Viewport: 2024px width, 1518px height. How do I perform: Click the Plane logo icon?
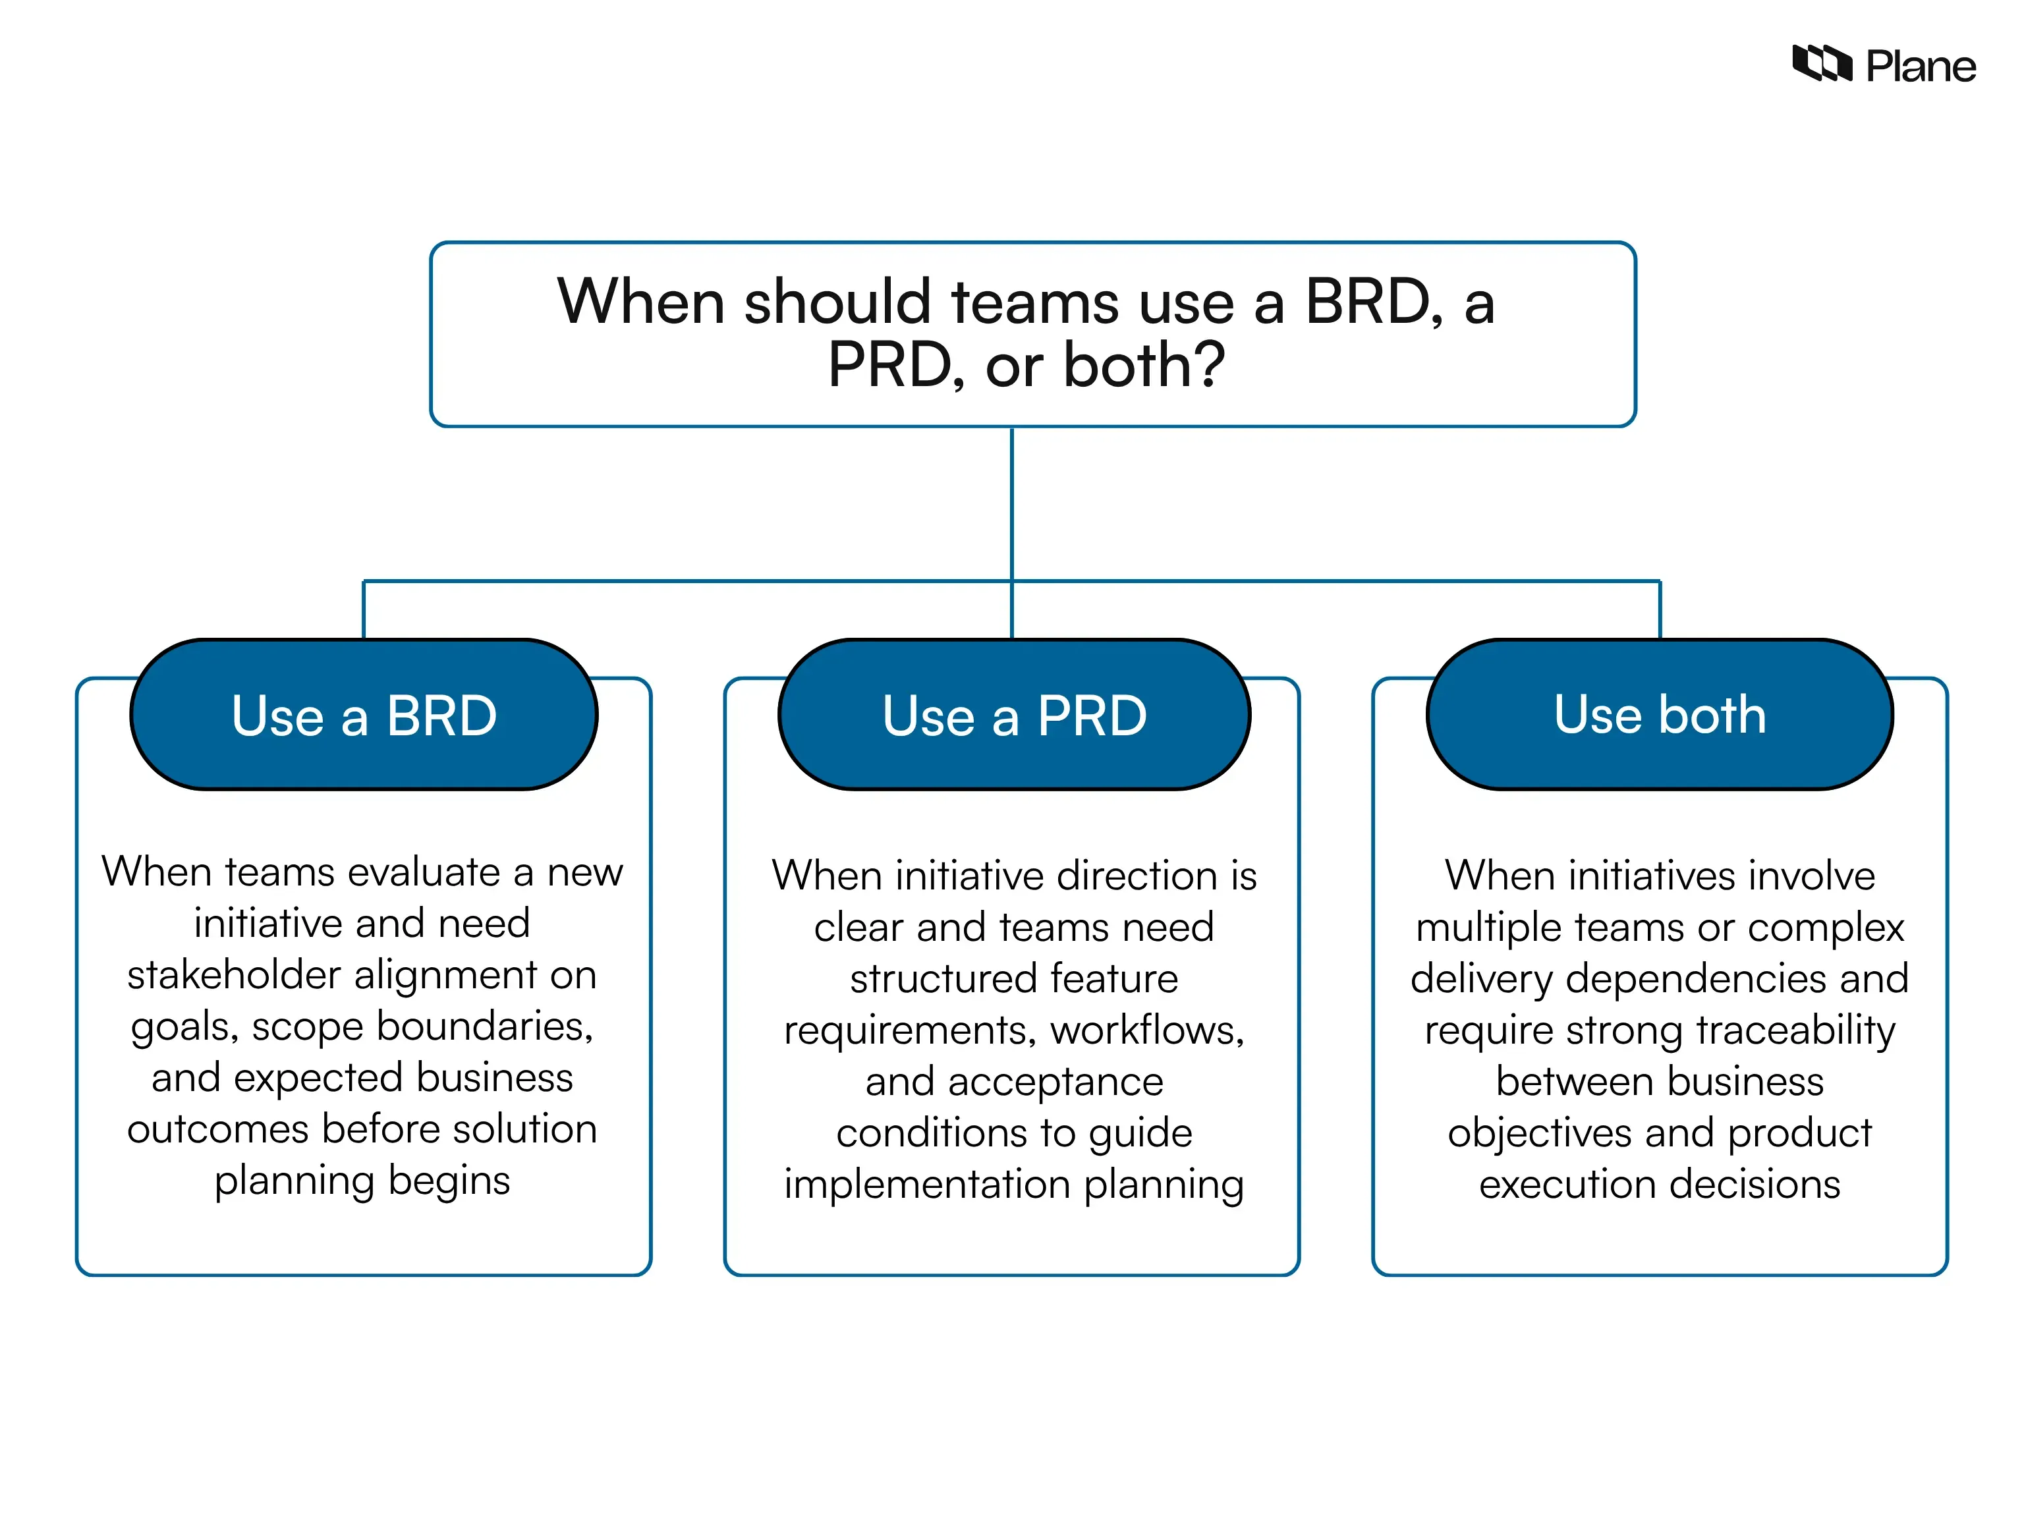pyautogui.click(x=1821, y=64)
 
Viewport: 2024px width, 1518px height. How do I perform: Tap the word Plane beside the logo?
pyautogui.click(x=1921, y=67)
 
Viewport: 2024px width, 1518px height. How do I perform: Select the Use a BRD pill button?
pyautogui.click(x=364, y=715)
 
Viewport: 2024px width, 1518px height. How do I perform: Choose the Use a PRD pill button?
pyautogui.click(x=1014, y=715)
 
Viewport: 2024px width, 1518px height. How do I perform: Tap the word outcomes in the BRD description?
pyautogui.click(x=218, y=1129)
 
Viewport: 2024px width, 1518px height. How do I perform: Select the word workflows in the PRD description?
pyautogui.click(x=1146, y=1030)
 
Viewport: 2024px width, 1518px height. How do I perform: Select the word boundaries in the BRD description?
pyautogui.click(x=484, y=1026)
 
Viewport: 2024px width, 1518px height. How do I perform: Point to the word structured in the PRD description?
pyautogui.click(x=942, y=979)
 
